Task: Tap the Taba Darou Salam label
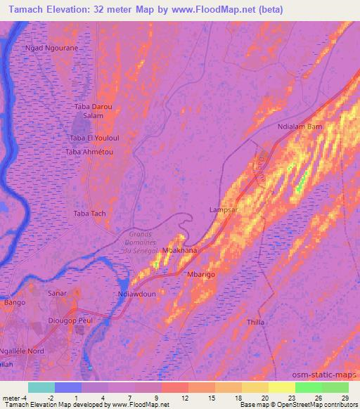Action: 89,110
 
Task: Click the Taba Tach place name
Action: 89,213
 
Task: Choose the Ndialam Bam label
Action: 300,126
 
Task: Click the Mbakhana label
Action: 179,249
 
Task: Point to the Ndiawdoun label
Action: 136,295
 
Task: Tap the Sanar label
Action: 57,292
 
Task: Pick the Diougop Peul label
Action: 70,319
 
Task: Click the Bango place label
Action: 14,302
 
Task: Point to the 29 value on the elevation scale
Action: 344,398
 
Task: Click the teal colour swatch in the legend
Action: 41,387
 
